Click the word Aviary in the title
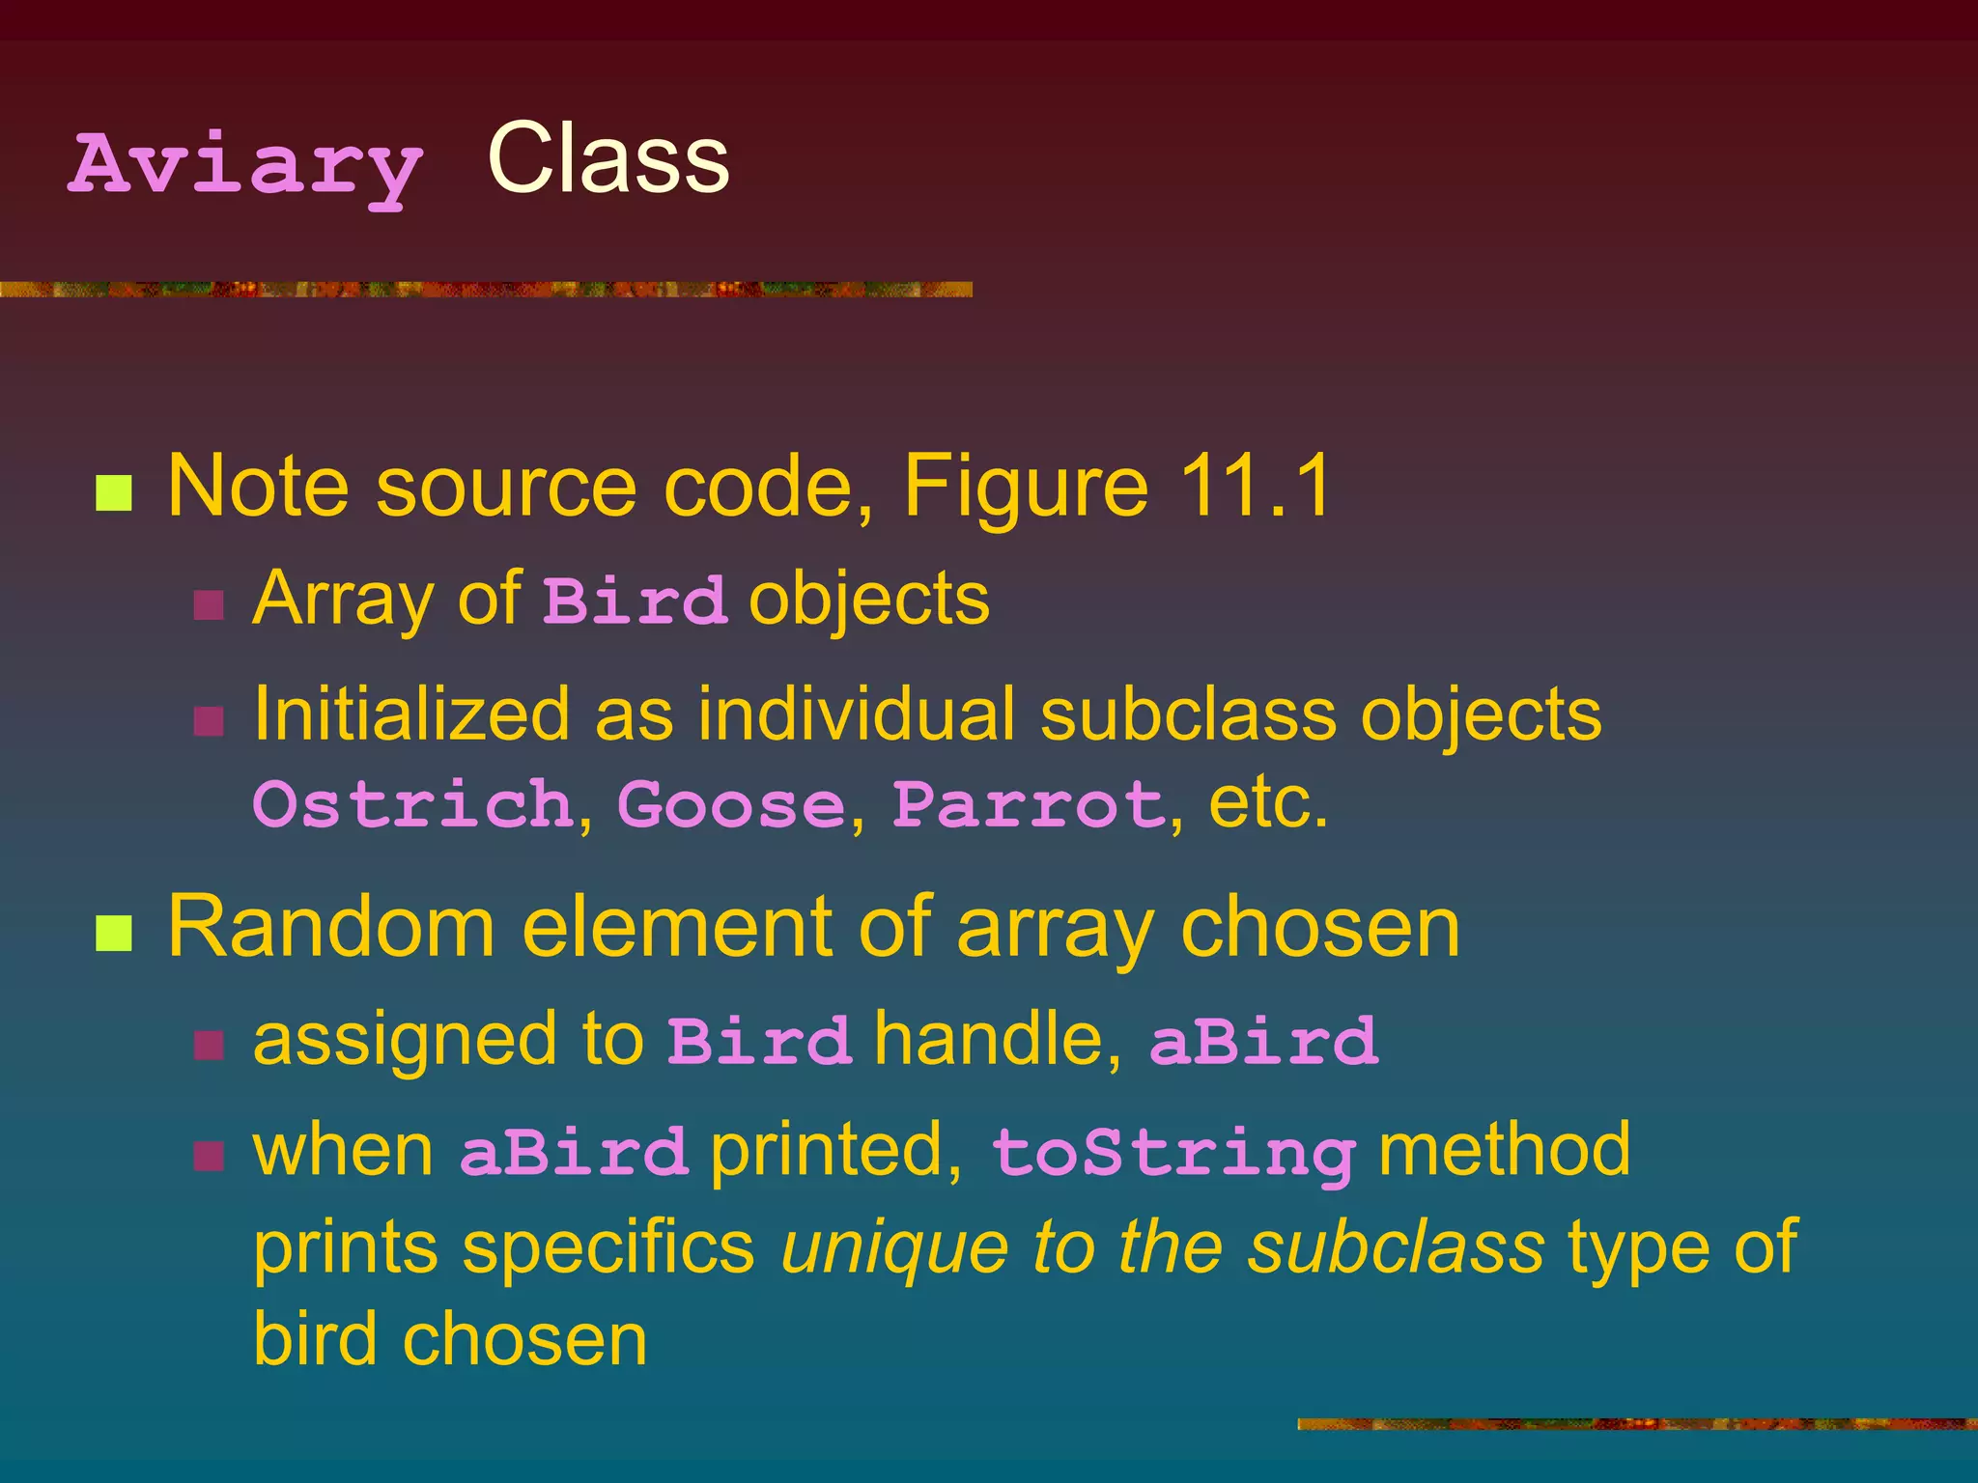245,166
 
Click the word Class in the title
608,159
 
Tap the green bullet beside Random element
114,934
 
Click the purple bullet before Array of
209,605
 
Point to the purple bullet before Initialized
209,720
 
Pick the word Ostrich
413,803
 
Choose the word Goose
731,803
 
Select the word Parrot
1029,803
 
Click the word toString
1173,1153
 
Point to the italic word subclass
1396,1247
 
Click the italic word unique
893,1247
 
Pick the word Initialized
411,714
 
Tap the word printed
836,1151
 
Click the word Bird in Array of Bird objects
634,601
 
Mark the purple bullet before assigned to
209,1045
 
